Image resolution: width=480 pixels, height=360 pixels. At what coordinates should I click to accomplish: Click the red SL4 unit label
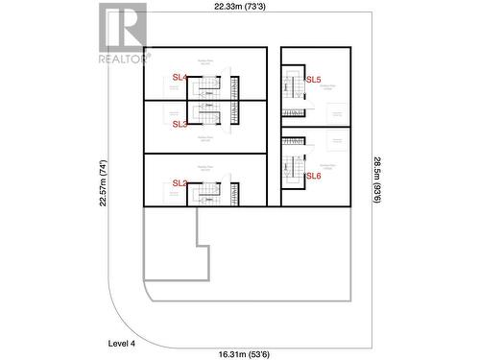(x=180, y=77)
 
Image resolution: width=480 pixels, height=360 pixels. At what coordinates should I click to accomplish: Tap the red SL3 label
(x=180, y=124)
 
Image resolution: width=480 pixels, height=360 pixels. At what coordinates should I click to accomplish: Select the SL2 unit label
(x=180, y=182)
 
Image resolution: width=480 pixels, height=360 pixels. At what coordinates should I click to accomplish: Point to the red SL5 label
(x=313, y=80)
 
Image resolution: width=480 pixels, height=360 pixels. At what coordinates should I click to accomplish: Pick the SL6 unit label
(x=313, y=176)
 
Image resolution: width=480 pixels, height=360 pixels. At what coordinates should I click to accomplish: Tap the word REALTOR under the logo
(x=124, y=59)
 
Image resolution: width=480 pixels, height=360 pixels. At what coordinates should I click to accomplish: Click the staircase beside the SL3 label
(x=207, y=113)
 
